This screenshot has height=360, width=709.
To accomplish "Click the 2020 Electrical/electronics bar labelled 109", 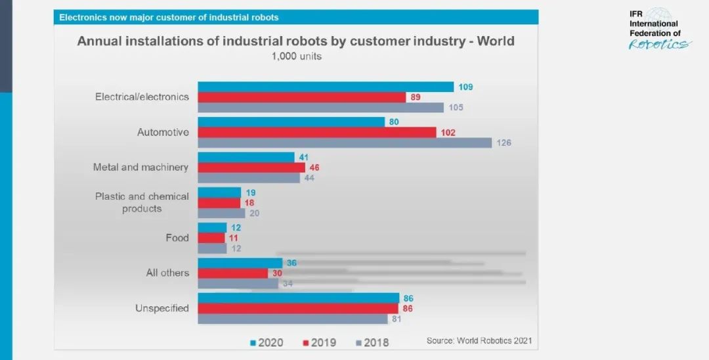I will pos(326,87).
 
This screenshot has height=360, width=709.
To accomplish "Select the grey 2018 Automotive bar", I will pos(345,143).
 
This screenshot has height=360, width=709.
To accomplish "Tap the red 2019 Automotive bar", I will pos(316,132).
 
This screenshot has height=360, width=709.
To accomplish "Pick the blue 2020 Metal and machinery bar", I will pos(246,157).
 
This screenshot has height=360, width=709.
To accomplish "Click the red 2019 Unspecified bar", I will pos(298,308).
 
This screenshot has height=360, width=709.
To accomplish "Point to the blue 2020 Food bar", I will pos(212,227).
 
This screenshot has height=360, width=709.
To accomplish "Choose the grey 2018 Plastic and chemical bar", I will pos(221,213).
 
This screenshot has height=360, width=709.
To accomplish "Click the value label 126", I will pos(504,143).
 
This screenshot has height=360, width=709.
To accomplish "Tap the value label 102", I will pos(448,133).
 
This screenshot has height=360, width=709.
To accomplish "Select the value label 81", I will pos(395,319).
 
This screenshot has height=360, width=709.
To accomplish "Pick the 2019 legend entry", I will pos(320,342).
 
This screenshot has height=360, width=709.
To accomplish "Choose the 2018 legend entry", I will pos(372,342).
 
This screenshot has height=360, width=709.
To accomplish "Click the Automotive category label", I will pos(163,132).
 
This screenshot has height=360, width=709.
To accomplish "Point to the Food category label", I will pos(177,238).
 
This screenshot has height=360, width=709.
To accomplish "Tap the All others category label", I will pos(167,273).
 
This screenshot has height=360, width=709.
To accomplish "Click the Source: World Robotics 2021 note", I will pos(479,340).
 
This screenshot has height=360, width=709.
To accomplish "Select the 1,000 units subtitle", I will pos(296,56).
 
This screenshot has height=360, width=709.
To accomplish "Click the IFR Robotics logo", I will pos(659,29).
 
